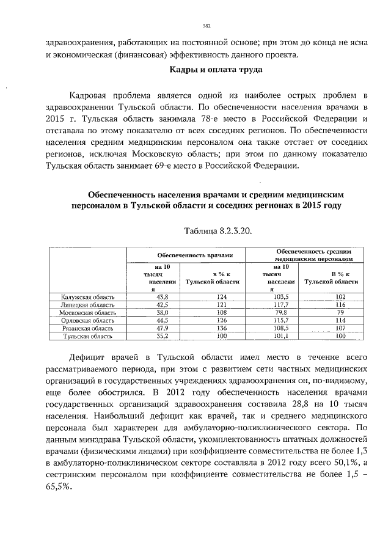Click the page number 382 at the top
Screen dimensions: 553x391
click(x=206, y=25)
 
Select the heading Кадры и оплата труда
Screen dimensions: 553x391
click(x=216, y=69)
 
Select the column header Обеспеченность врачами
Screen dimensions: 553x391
click(x=186, y=254)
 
